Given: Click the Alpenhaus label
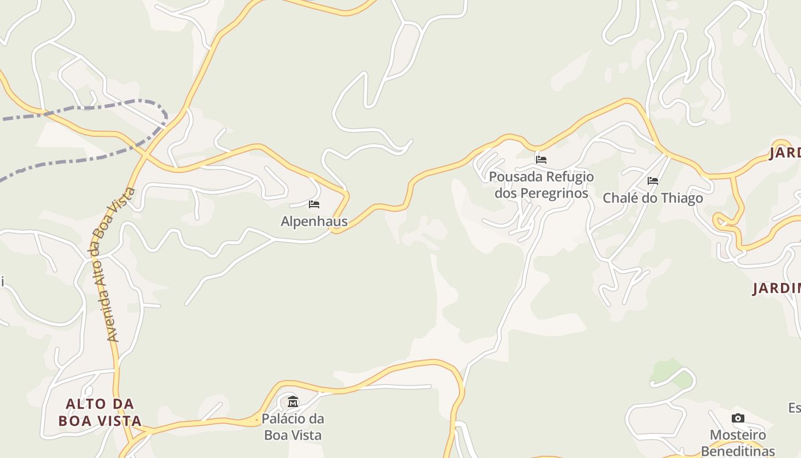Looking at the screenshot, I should (314, 221).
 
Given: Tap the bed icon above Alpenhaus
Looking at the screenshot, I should (314, 204).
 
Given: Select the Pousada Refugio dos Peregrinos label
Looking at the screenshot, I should (541, 184).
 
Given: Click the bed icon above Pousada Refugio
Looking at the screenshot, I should (541, 159).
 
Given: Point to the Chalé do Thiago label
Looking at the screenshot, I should (653, 198).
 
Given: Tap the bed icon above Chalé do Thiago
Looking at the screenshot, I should (653, 181).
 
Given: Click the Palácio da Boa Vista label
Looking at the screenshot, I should (293, 427).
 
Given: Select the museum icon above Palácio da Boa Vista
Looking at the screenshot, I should (293, 401).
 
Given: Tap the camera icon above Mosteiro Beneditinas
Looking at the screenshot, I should (738, 418).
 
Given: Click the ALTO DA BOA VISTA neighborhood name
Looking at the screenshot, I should (100, 412).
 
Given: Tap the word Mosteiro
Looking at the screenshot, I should (738, 435).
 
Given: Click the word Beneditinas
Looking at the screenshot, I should (738, 451).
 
